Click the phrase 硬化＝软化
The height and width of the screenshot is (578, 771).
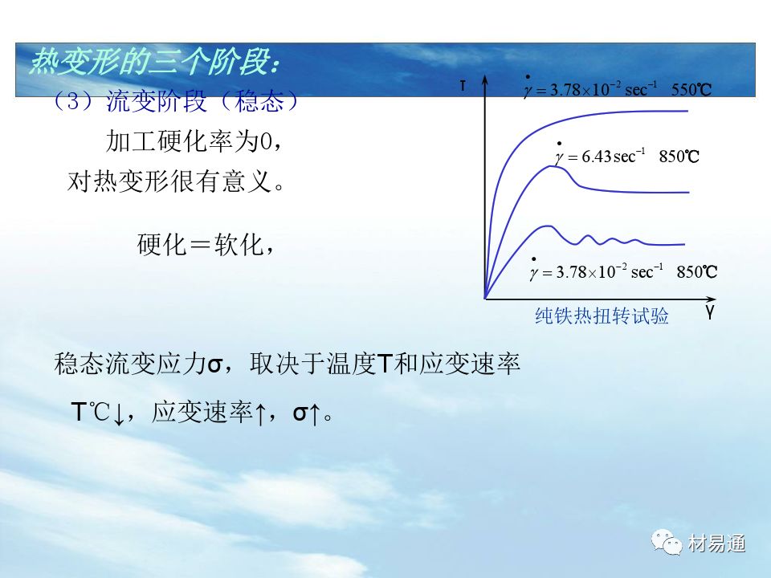point(201,244)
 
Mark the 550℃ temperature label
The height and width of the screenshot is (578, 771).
point(691,89)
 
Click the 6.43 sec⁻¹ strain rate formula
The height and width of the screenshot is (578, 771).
point(599,154)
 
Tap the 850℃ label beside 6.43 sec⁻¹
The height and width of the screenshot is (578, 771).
point(679,157)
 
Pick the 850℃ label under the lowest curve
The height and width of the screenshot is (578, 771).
point(697,272)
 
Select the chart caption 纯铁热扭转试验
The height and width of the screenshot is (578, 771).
point(602,315)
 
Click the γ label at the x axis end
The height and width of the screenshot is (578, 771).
point(709,311)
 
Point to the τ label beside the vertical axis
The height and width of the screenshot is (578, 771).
point(463,86)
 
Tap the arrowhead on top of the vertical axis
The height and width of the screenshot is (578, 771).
point(485,80)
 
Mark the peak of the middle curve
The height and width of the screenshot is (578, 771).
point(552,167)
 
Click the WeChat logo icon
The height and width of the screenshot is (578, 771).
point(667,542)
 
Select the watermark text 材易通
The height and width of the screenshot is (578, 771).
point(716,543)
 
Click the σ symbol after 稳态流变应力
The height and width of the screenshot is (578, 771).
point(215,365)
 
